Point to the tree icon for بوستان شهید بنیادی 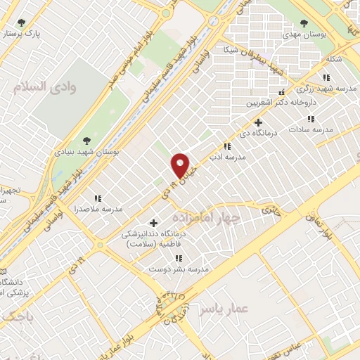click(x=86, y=141)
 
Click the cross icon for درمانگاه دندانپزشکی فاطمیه click(x=153, y=223)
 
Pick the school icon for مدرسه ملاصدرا click(x=98, y=199)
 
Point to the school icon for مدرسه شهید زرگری click(x=326, y=77)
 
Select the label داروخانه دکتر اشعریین click(x=277, y=103)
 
